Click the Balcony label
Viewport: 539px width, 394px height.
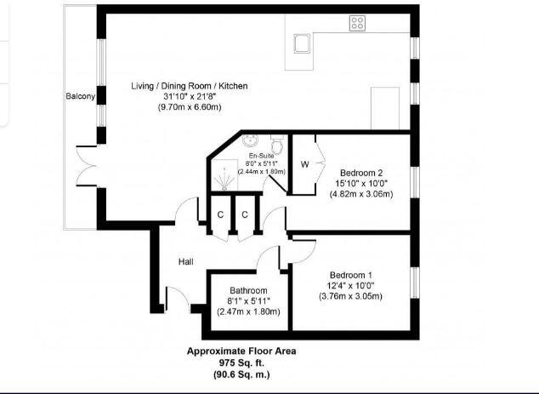(80, 96)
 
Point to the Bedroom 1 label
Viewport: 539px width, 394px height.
(351, 275)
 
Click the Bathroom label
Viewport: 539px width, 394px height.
(248, 290)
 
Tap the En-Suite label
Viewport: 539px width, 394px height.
(261, 157)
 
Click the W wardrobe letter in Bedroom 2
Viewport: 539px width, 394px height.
(304, 164)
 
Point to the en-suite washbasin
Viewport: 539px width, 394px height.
(250, 142)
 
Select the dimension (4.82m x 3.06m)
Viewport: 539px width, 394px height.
(361, 194)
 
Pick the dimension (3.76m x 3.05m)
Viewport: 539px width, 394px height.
(351, 296)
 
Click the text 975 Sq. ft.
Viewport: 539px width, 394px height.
(241, 362)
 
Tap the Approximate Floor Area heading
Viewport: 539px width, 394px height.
(241, 351)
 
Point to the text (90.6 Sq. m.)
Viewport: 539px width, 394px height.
(241, 374)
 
